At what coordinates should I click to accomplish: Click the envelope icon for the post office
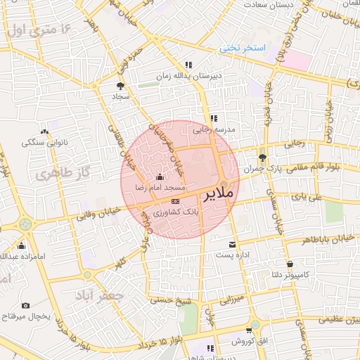232,245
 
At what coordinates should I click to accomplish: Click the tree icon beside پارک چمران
263,157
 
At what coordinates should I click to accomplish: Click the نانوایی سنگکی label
44,143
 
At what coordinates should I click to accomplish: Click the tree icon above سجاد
117,85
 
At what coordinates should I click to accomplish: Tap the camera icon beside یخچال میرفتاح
25,306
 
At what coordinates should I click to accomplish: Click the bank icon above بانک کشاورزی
174,200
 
